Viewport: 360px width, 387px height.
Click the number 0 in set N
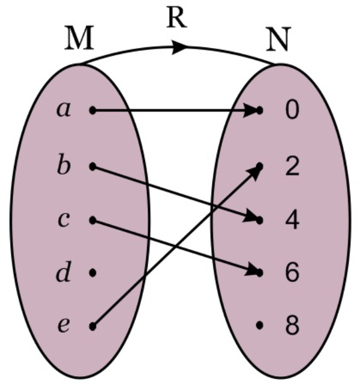(x=291, y=111)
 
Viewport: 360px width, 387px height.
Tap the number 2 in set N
(x=291, y=166)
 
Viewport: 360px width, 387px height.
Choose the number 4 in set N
(x=291, y=220)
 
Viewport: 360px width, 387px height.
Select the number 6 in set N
(x=291, y=273)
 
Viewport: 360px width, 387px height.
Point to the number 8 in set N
(x=291, y=327)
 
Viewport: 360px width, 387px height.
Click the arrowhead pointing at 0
(x=251, y=110)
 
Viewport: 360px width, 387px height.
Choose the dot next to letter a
(x=92, y=110)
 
